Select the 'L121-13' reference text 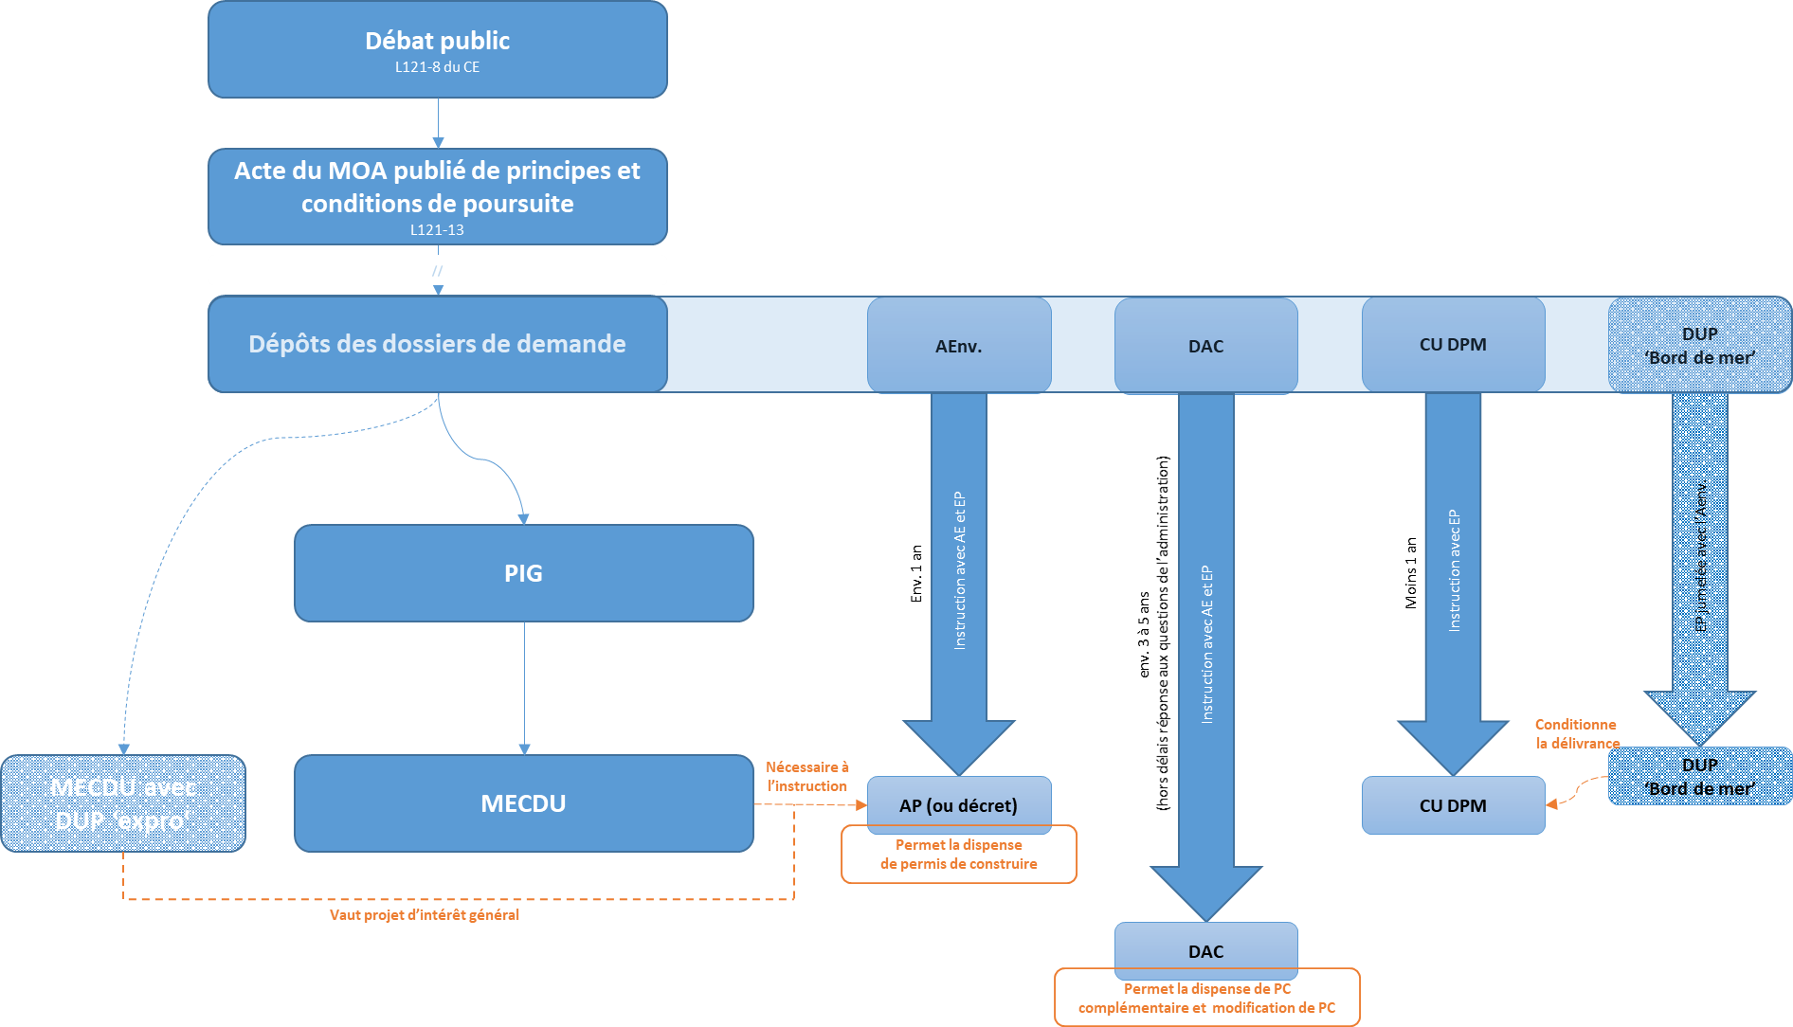coord(437,230)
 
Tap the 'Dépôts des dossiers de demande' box coord(437,344)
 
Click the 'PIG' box coord(523,573)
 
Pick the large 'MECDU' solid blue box coord(523,803)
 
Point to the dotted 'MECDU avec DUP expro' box coord(123,803)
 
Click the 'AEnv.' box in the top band coord(958,346)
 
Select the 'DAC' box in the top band coord(1205,346)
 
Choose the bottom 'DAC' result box coord(1205,950)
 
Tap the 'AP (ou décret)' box coord(958,805)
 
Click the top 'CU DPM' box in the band coord(1453,345)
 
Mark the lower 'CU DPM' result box coord(1453,805)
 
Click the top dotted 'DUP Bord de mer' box coord(1699,346)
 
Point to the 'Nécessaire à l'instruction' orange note coord(806,777)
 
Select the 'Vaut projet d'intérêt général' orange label coord(425,915)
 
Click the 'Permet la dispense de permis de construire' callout coord(958,855)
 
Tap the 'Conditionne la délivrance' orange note coord(1577,734)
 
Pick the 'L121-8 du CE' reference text coord(437,67)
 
